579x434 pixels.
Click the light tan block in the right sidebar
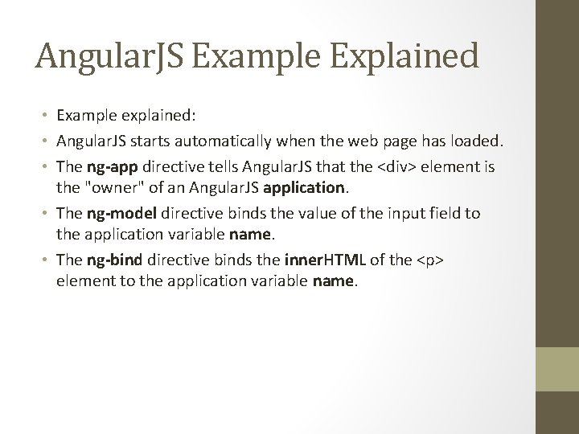tap(557, 370)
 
